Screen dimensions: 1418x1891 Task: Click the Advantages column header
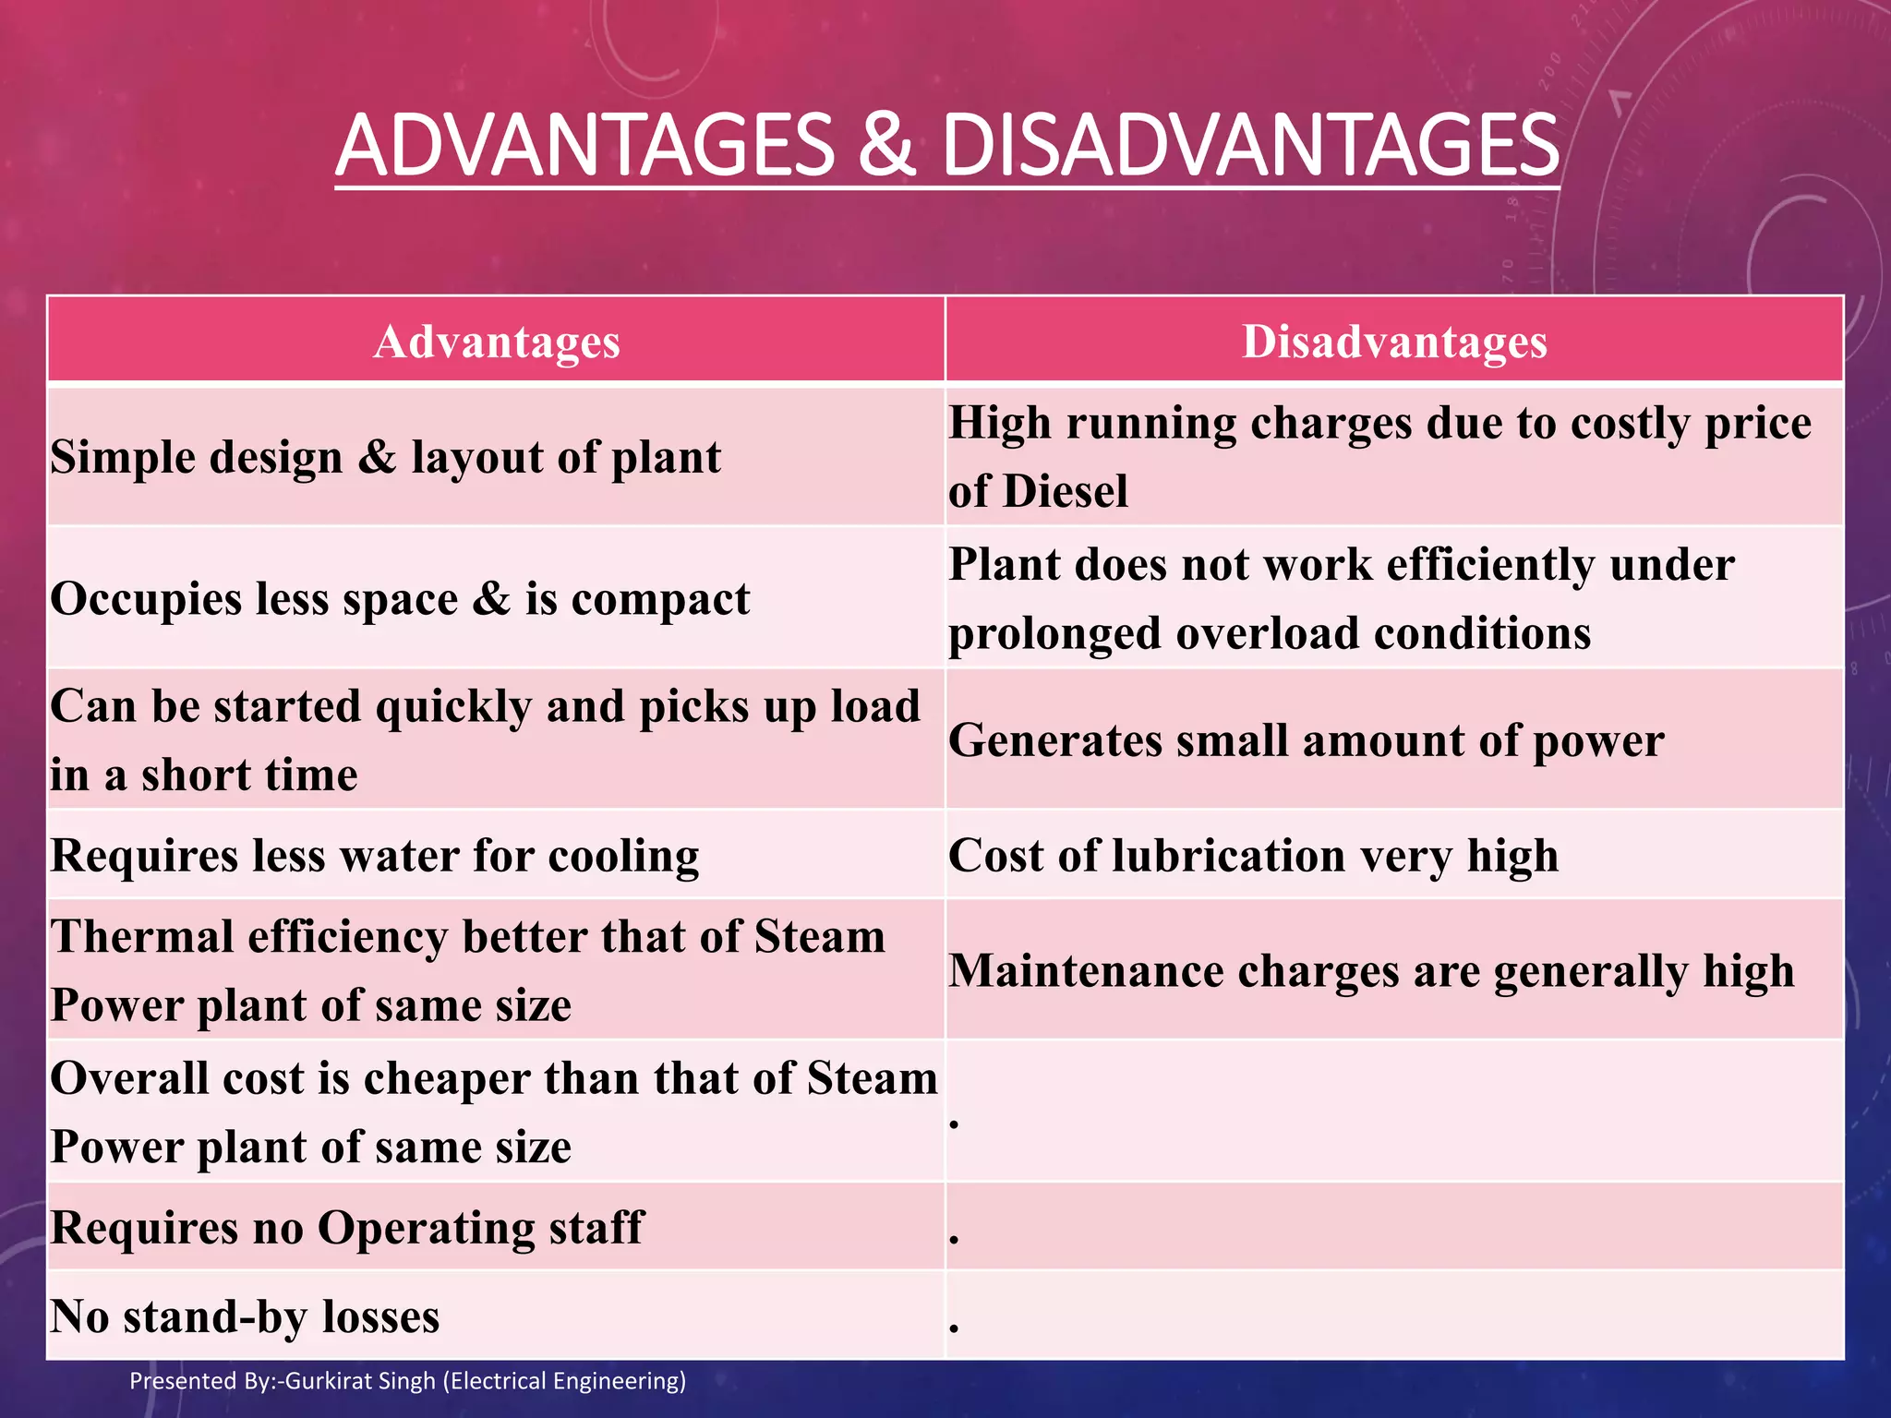pos(496,342)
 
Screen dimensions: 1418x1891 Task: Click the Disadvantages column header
pos(1394,342)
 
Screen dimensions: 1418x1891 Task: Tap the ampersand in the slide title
pos(886,145)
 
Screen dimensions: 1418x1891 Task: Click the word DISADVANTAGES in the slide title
pos(1250,145)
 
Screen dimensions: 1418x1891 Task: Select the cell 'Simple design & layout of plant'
pos(386,458)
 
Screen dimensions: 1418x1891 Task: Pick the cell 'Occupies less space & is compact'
pos(400,599)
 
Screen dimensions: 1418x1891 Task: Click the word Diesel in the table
pos(1066,491)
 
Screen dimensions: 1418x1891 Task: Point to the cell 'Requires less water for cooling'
pos(374,856)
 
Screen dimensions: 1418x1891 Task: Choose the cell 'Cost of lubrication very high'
pos(1253,856)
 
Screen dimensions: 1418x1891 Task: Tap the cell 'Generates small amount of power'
pos(1306,740)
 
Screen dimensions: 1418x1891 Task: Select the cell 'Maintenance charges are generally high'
pos(1371,971)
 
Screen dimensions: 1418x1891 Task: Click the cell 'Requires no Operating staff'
pos(346,1228)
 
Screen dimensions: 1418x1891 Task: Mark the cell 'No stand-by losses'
pos(245,1316)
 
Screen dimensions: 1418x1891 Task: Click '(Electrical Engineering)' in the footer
pos(564,1381)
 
